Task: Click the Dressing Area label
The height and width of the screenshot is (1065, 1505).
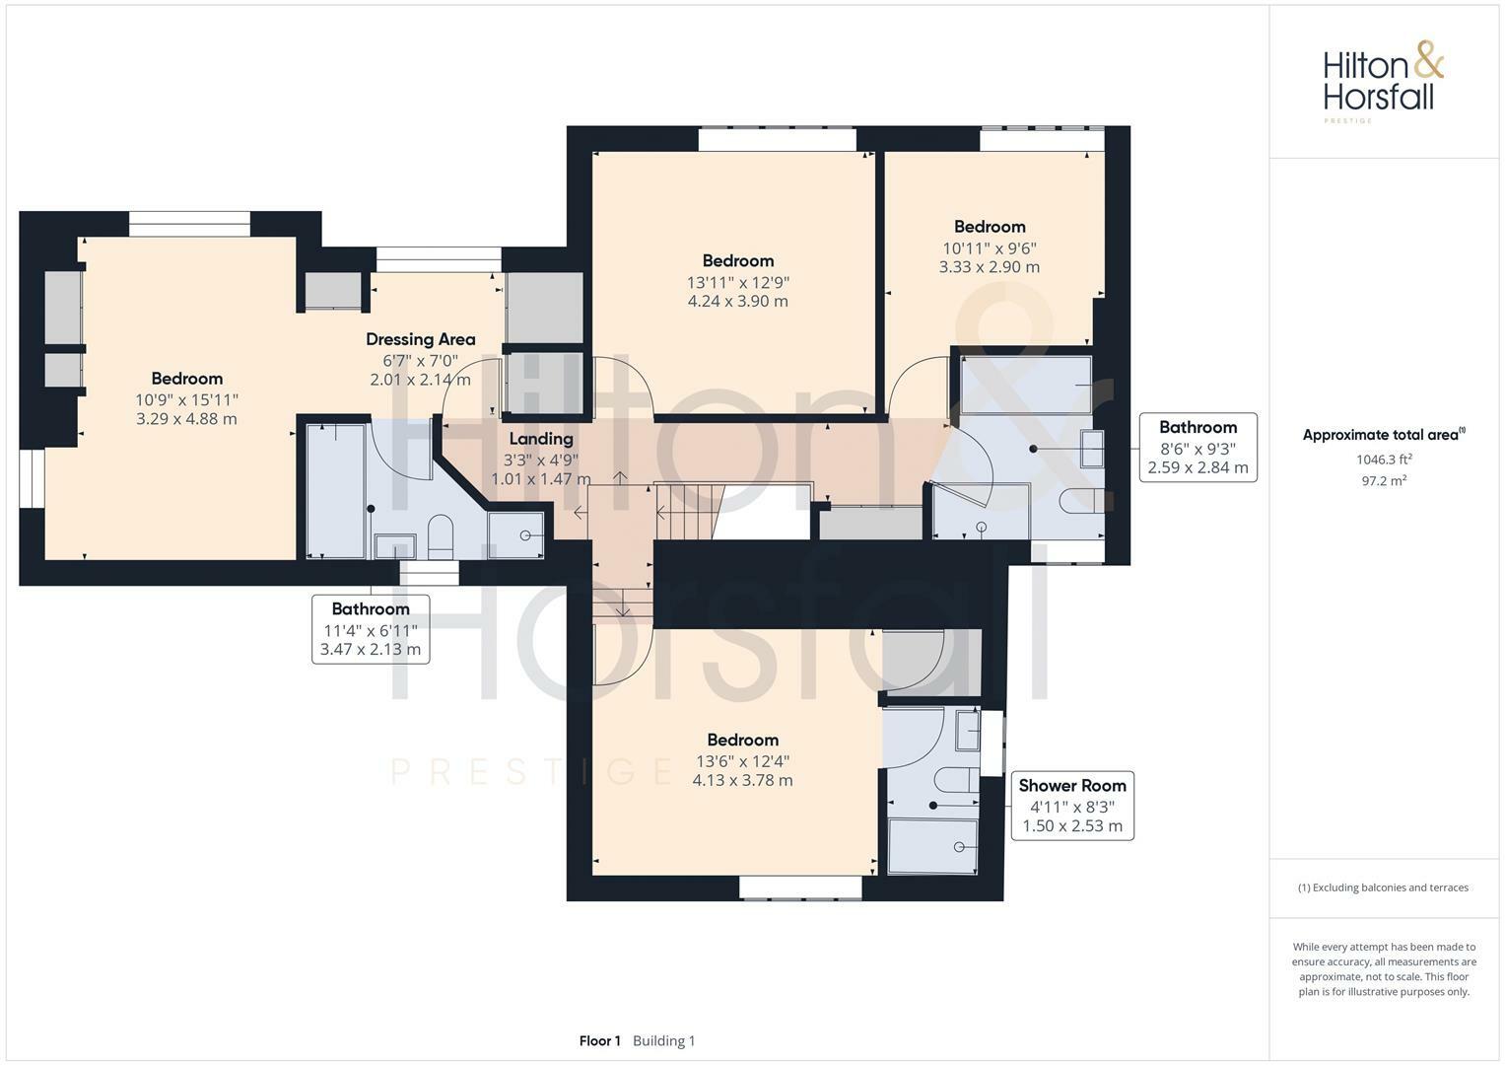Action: tap(421, 339)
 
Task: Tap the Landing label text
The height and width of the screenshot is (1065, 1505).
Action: tap(541, 439)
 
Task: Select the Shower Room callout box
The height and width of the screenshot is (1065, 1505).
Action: tap(1072, 806)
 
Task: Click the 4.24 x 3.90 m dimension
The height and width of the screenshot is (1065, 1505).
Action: tap(738, 301)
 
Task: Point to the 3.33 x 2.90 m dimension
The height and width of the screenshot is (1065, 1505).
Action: tap(989, 267)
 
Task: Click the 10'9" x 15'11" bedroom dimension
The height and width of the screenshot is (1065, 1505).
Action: tap(187, 400)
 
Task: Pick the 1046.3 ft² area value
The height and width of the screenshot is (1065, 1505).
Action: tap(1384, 460)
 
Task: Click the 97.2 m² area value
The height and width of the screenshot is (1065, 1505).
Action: tap(1384, 481)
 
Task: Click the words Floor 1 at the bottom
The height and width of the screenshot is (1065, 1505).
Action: tap(600, 1040)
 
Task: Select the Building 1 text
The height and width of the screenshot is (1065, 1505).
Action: tap(664, 1040)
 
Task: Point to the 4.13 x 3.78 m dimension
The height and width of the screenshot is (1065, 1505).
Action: tap(742, 781)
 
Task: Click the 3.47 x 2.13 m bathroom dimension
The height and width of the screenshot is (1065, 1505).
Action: tap(371, 650)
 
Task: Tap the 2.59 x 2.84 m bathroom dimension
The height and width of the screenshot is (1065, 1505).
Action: tap(1197, 468)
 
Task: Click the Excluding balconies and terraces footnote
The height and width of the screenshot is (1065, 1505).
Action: tap(1384, 887)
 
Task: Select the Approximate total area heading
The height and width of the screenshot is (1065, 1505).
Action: tap(1384, 435)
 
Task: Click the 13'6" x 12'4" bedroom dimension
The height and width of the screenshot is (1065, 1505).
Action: tap(742, 761)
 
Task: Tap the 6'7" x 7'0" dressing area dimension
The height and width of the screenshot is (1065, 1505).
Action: tap(421, 361)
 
